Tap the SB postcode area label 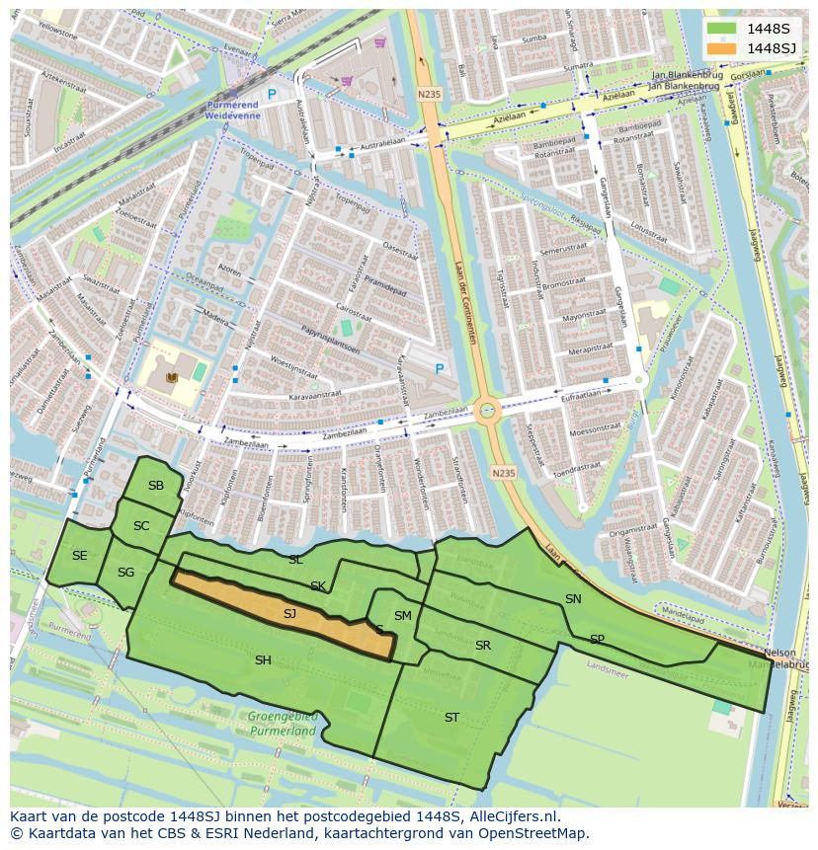[156, 485]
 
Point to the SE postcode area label [80, 556]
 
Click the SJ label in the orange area [289, 614]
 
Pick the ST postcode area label [451, 718]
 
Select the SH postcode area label [263, 660]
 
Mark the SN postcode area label [573, 599]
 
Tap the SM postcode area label [402, 616]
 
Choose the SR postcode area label [483, 646]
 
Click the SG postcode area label [125, 573]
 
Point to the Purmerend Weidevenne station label [233, 110]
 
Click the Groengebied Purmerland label [283, 725]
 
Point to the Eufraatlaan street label [581, 394]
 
